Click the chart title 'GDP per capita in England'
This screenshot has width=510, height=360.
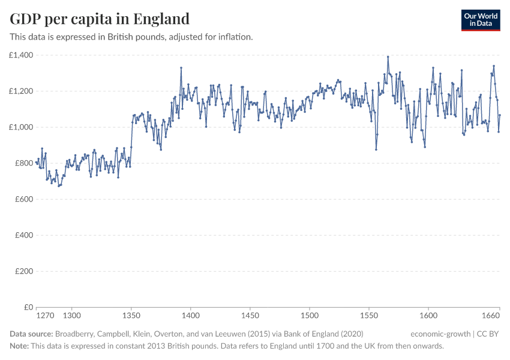click(100, 19)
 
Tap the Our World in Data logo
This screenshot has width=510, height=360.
click(480, 20)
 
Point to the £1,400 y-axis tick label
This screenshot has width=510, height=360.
click(21, 55)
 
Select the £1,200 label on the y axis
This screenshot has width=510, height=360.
click(21, 91)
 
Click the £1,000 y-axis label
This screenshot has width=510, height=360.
click(21, 127)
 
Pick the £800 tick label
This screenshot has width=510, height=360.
click(23, 163)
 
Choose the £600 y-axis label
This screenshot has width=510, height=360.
click(23, 199)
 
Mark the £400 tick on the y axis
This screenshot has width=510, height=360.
click(23, 235)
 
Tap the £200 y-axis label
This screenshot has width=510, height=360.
click(23, 271)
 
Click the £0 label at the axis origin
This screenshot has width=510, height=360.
click(28, 307)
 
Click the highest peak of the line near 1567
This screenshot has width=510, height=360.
click(388, 57)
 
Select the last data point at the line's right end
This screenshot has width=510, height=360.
click(500, 115)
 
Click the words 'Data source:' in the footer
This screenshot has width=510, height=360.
click(32, 334)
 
